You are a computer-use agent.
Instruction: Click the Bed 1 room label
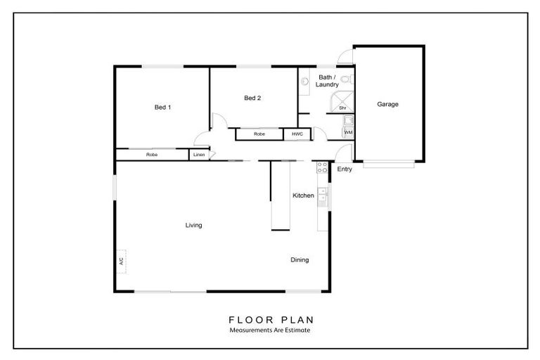pyautogui.click(x=162, y=107)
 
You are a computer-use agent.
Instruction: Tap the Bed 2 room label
pyautogui.click(x=252, y=98)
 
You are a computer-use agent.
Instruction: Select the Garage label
pyautogui.click(x=387, y=104)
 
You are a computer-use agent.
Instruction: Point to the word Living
pyautogui.click(x=193, y=225)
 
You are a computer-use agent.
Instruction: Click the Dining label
pyautogui.click(x=300, y=259)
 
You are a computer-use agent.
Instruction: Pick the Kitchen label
pyautogui.click(x=304, y=195)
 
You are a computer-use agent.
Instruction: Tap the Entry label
pyautogui.click(x=345, y=169)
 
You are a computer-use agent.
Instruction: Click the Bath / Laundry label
pyautogui.click(x=327, y=81)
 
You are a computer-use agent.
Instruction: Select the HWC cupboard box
pyautogui.click(x=297, y=134)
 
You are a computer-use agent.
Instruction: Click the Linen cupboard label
pyautogui.click(x=199, y=155)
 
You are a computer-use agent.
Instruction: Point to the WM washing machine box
pyautogui.click(x=348, y=132)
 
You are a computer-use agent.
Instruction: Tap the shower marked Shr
pyautogui.click(x=342, y=102)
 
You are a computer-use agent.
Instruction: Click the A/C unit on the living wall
pyautogui.click(x=121, y=262)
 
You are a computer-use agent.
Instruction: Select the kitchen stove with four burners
pyautogui.click(x=322, y=168)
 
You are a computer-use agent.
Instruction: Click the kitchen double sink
pyautogui.click(x=322, y=195)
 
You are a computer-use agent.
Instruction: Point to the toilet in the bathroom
pyautogui.click(x=347, y=79)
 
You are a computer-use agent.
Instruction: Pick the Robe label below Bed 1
pyautogui.click(x=152, y=155)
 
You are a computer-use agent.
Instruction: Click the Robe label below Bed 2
pyautogui.click(x=259, y=134)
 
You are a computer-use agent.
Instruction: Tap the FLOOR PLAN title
pyautogui.click(x=271, y=320)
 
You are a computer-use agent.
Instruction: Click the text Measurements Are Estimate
pyautogui.click(x=270, y=330)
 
